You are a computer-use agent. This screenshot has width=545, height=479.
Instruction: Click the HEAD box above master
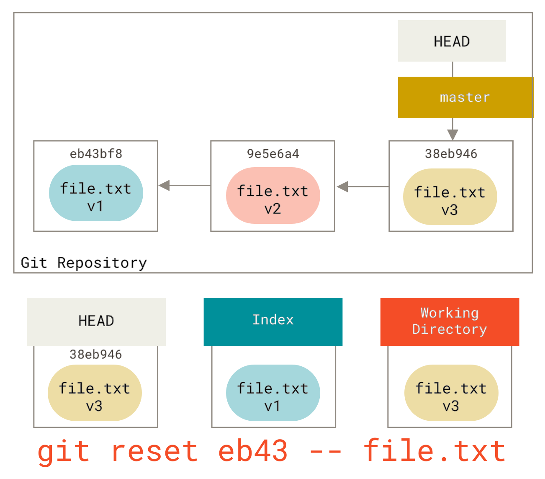point(452,41)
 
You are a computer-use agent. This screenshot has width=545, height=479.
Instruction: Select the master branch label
point(465,97)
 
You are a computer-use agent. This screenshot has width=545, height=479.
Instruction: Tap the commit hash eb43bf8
point(96,154)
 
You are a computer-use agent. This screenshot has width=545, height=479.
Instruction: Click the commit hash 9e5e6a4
point(273,154)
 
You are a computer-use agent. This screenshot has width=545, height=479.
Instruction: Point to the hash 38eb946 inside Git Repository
point(451,154)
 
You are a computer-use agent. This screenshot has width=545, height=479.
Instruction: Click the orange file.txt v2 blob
point(273,196)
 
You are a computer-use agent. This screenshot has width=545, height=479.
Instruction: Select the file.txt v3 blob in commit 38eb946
point(450,197)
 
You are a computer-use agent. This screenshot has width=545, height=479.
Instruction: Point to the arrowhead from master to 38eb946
point(452,135)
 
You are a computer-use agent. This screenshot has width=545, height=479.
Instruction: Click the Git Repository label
point(84,263)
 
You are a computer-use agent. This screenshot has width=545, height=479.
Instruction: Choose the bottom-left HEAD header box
point(96,321)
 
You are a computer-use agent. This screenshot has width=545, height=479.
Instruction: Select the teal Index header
point(273,321)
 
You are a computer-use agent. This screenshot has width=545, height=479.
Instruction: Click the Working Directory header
point(450,321)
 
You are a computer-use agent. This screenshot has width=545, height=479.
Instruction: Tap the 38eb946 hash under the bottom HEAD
point(96,354)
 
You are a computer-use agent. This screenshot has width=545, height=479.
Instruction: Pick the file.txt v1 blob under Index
point(273,393)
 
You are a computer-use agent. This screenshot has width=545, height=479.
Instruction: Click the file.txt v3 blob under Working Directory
point(451,393)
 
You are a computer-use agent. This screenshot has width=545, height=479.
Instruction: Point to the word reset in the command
point(154,451)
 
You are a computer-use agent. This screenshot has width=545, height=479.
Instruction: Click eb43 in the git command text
point(253,451)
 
